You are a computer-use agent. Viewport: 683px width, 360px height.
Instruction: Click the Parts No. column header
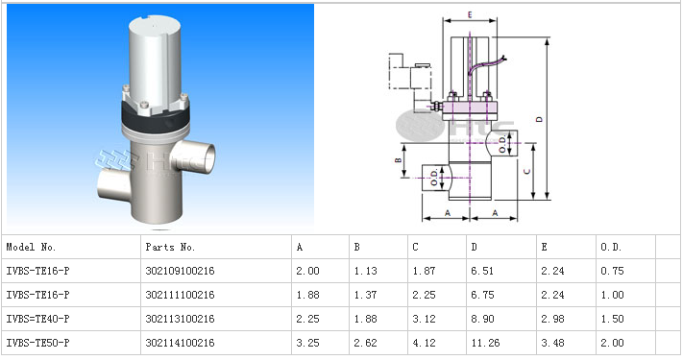[x=170, y=248]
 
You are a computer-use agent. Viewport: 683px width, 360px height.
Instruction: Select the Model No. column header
[x=31, y=248]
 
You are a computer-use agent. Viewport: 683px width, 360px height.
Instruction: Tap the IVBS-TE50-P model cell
[x=37, y=343]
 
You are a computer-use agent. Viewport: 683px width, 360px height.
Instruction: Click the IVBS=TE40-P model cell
[x=37, y=319]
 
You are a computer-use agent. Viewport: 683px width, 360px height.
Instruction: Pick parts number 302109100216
[x=180, y=271]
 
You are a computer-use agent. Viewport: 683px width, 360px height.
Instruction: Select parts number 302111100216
[x=180, y=295]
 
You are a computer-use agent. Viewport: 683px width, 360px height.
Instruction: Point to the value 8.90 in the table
[x=482, y=319]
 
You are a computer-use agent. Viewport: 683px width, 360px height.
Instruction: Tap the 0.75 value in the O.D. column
[x=612, y=271]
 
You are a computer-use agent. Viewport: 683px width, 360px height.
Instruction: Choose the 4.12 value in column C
[x=425, y=343]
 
